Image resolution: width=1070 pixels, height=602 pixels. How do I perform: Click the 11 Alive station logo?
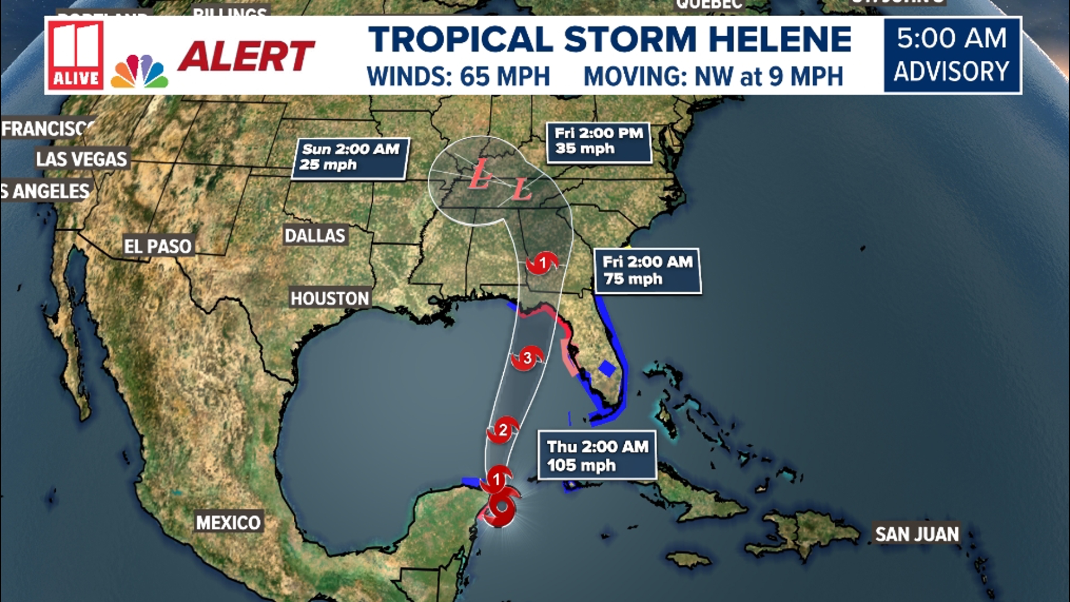[x=76, y=55]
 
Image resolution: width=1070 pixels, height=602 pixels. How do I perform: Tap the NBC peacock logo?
[x=139, y=72]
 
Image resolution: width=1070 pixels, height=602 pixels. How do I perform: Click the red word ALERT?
[x=246, y=57]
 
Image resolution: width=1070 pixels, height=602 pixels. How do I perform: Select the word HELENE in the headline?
[x=780, y=40]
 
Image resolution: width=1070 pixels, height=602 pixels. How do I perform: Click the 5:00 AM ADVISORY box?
[x=952, y=55]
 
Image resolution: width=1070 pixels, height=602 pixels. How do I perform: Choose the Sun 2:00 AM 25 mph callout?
[x=351, y=158]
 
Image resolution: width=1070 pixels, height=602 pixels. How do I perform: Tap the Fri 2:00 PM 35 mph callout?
[x=599, y=142]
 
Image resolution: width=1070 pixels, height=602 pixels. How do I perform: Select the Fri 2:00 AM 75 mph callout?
[x=647, y=271]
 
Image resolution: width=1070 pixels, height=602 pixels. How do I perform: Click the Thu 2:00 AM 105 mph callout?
[x=597, y=455]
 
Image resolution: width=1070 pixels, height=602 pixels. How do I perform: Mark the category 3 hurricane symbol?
[x=527, y=358]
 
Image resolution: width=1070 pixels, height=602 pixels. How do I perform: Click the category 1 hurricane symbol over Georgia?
[x=542, y=263]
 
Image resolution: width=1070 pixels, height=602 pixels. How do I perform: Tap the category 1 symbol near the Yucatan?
[x=497, y=479]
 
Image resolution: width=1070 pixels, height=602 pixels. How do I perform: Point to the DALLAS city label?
[x=315, y=236]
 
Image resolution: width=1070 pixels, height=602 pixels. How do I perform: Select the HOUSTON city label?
[x=330, y=299]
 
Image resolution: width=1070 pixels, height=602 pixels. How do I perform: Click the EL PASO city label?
[x=158, y=246]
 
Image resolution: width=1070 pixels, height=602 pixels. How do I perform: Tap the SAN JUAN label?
[x=917, y=535]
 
